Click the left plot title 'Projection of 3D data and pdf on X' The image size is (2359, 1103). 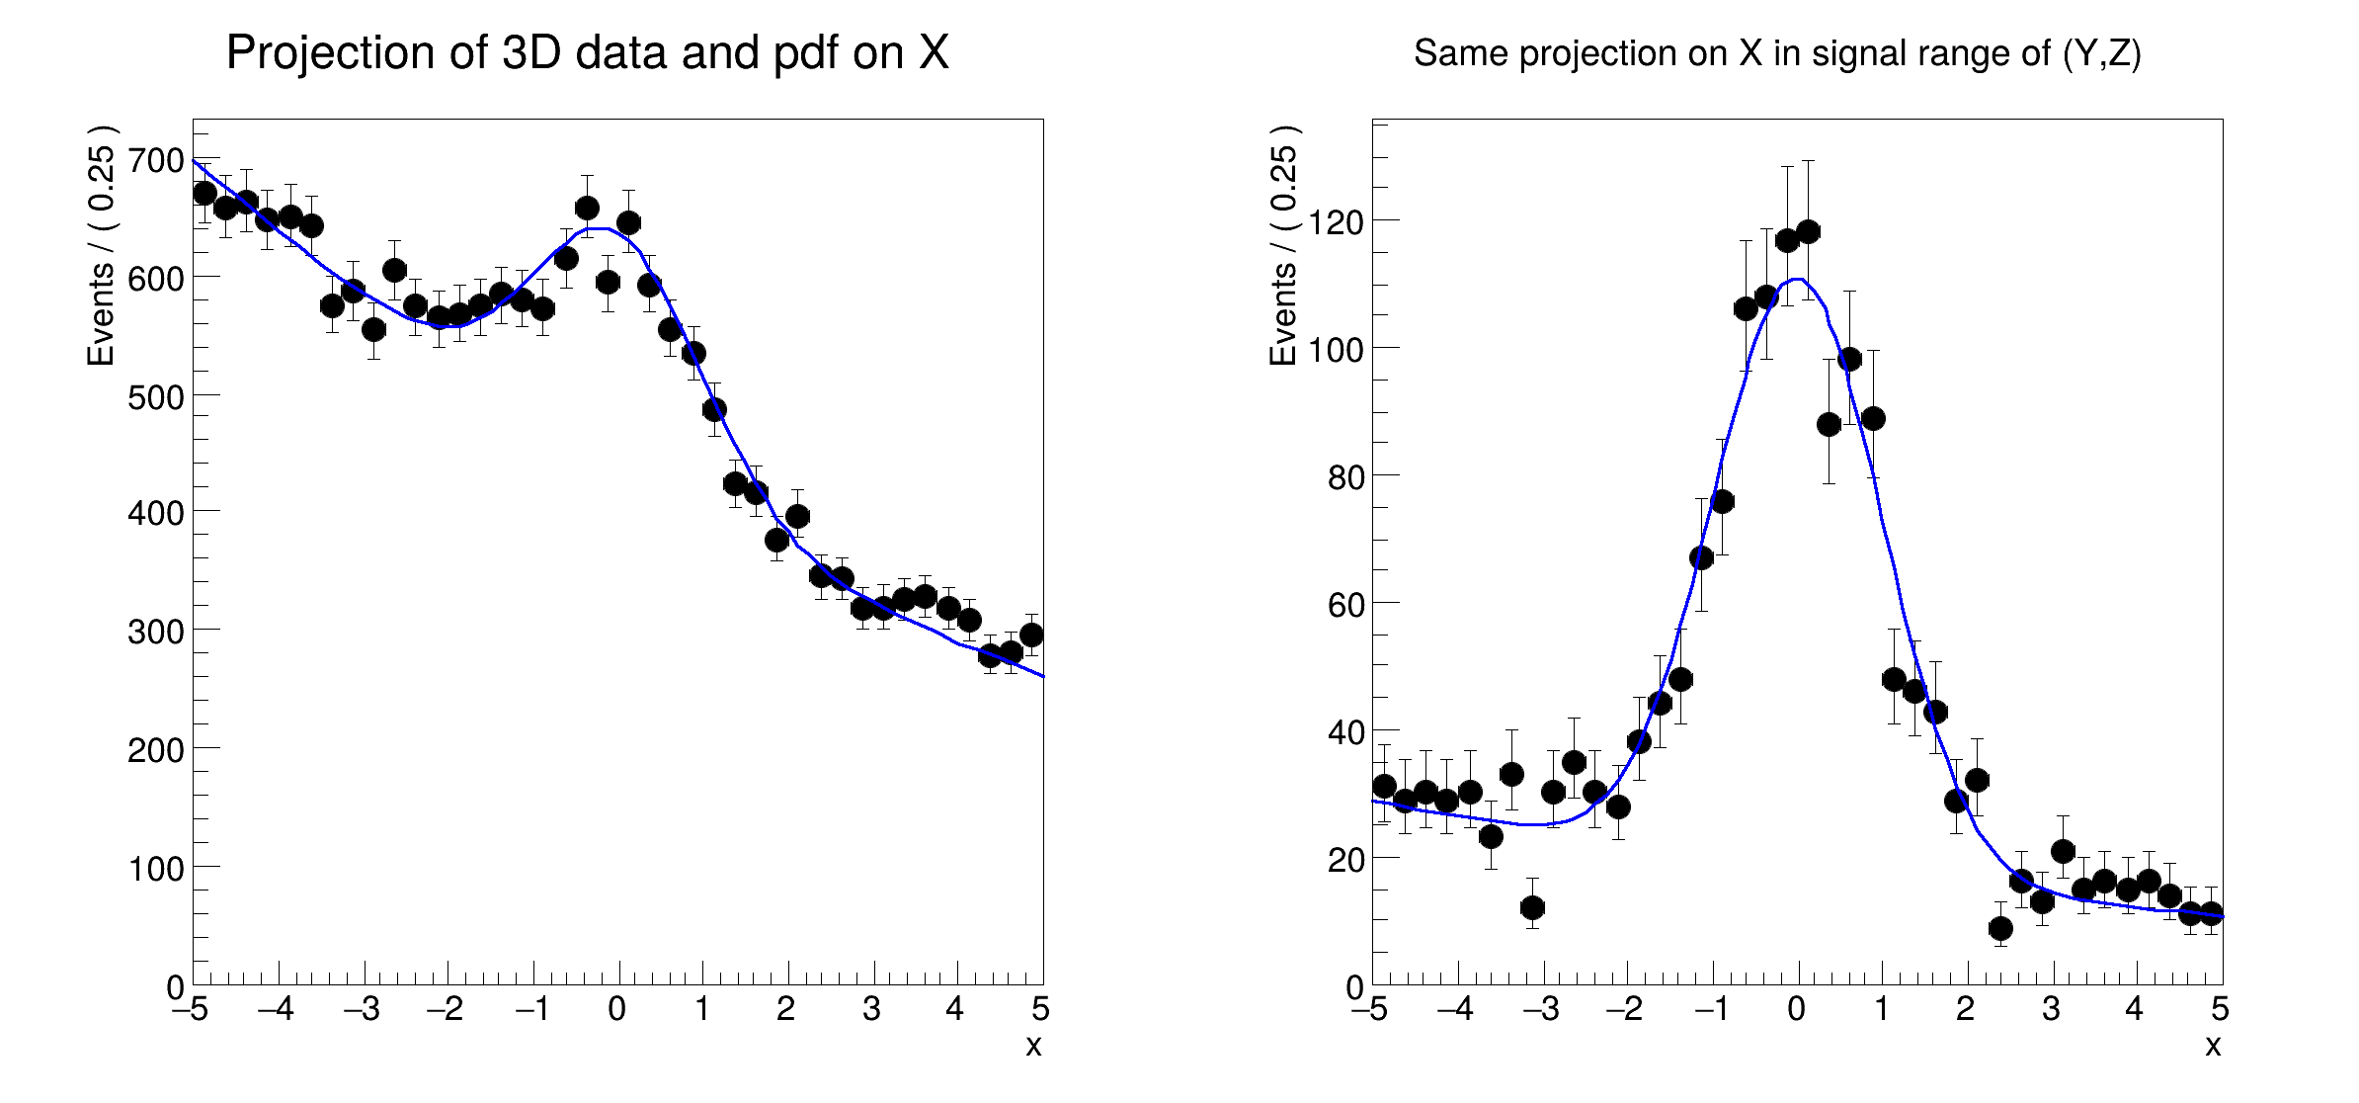587,53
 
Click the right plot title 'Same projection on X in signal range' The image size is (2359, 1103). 1776,53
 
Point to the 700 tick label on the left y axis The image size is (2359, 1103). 156,160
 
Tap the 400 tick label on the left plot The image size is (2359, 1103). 156,513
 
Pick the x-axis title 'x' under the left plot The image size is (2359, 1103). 1033,1046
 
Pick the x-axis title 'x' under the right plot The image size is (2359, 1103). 2213,1046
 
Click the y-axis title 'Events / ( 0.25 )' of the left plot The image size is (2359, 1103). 102,245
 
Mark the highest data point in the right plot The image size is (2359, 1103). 1808,232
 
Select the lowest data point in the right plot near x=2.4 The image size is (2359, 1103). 2000,928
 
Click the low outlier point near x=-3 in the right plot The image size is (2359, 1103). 1532,907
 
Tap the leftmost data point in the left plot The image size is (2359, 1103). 204,193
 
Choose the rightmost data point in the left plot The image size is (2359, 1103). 1031,635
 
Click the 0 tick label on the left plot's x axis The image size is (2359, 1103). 617,1009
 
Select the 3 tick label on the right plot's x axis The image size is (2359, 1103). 2052,1009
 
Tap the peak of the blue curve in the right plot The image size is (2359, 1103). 1798,280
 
